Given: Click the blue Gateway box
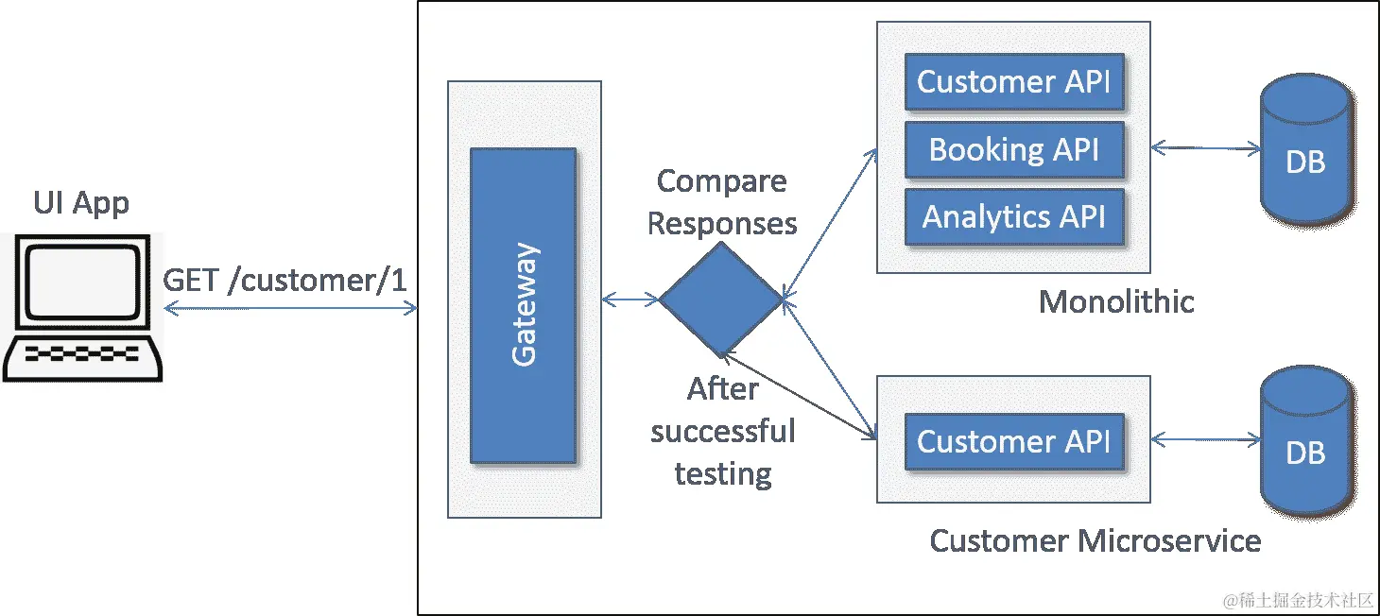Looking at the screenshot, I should (523, 305).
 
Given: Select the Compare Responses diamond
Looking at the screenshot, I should (720, 299).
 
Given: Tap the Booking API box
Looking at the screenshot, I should (1014, 149).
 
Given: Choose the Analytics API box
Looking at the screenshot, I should (1014, 217).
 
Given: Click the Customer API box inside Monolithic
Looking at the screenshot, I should (1014, 81).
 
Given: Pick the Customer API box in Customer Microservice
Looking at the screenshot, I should (1014, 441).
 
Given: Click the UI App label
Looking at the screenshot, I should (81, 203).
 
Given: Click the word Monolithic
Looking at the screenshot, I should (1116, 301).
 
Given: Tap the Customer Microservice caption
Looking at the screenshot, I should (1095, 540).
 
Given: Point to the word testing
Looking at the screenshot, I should (723, 473).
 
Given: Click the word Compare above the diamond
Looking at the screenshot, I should (721, 180).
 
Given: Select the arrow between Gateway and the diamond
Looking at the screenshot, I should (630, 299).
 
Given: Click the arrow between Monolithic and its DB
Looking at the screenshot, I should (1206, 147).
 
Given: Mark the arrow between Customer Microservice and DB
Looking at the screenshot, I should (1206, 439).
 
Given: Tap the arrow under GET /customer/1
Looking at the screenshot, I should (290, 308).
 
